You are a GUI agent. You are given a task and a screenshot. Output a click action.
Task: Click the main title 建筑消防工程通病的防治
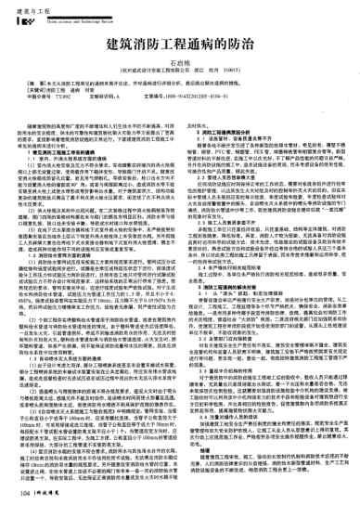(180, 43)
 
